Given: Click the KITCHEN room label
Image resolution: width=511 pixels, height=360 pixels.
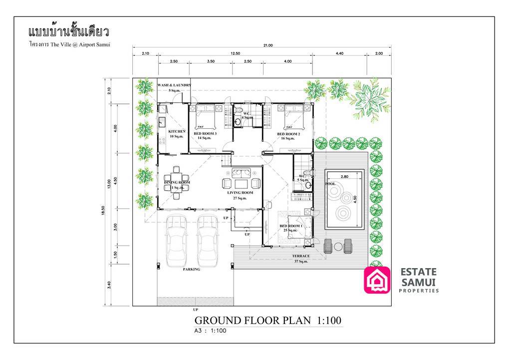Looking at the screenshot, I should (170, 131).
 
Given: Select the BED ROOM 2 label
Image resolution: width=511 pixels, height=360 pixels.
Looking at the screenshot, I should (288, 134).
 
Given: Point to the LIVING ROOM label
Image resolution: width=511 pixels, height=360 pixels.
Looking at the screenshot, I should (240, 192).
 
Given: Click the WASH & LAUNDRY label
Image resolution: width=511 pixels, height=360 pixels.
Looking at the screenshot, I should (174, 85).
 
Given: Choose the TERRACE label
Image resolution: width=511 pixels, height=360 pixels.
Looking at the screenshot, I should (301, 256).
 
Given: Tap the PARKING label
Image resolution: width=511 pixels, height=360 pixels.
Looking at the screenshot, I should (191, 269).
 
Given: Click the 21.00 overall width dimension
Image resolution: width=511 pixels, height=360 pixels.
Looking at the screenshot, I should (268, 45).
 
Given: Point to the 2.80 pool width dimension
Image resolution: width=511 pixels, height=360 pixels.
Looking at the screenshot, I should (344, 177).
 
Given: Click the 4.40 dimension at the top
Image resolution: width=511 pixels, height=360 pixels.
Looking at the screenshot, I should (339, 53).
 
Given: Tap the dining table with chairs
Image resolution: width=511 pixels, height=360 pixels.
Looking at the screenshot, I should (177, 182).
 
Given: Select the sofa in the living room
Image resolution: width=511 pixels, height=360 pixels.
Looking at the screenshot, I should (241, 173).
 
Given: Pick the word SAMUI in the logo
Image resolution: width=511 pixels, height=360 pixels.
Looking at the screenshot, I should (418, 282).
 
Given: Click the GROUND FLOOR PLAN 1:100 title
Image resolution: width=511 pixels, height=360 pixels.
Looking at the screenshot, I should (267, 320).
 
